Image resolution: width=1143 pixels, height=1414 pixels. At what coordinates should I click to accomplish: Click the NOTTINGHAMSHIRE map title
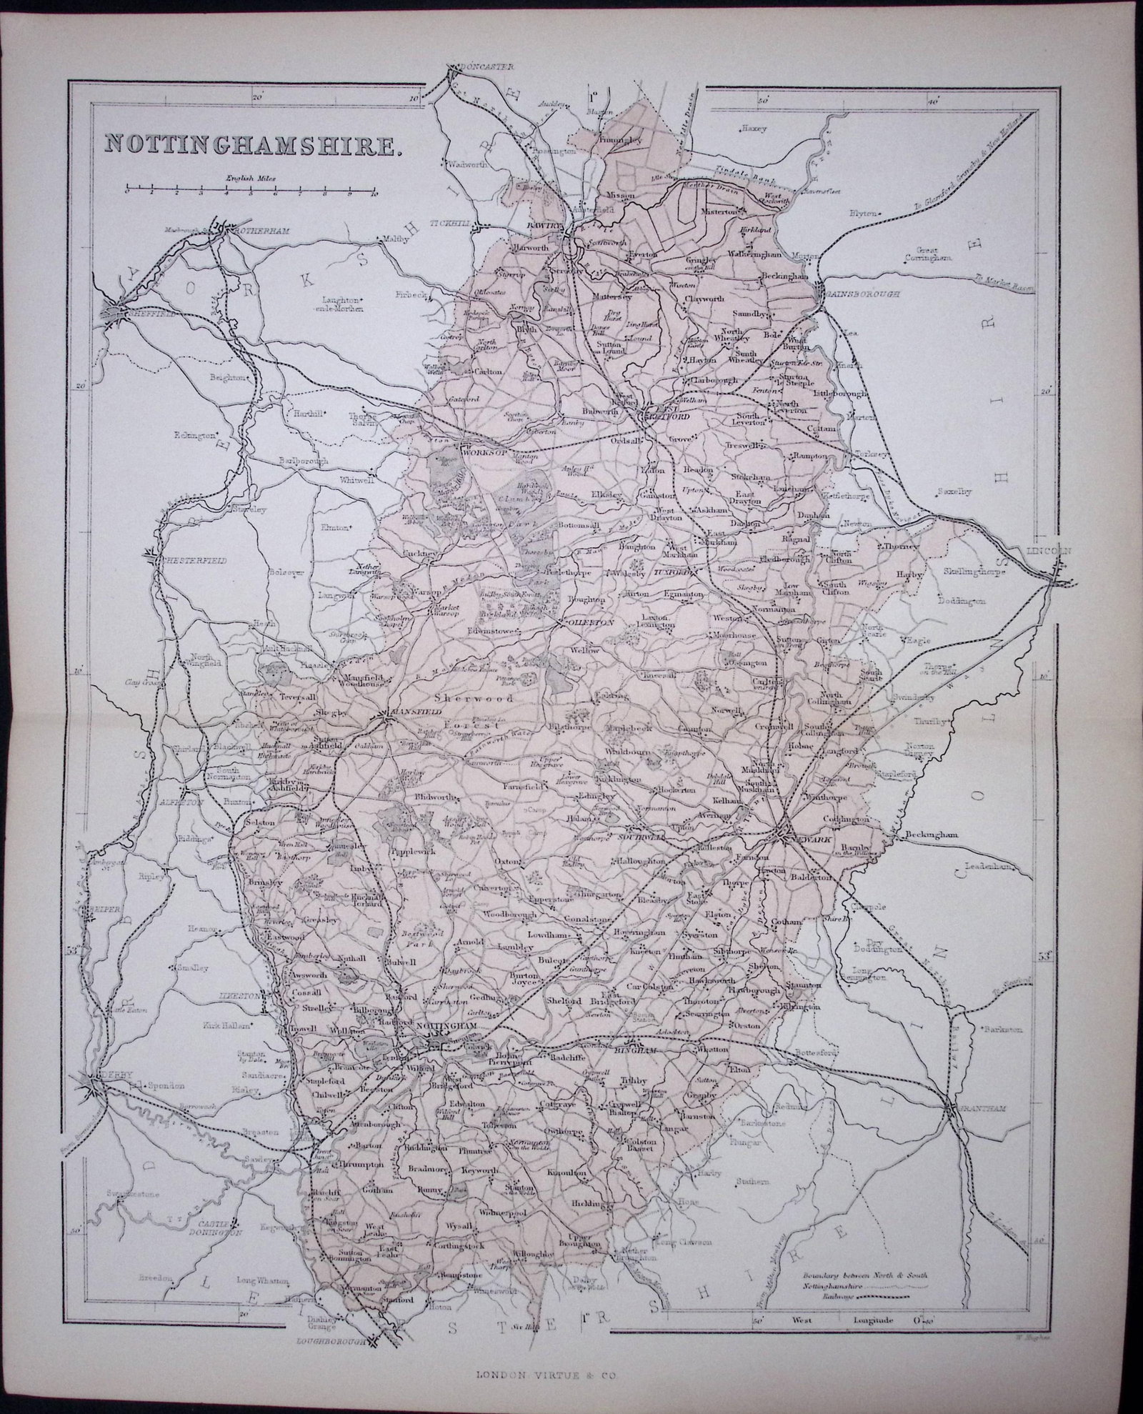click(x=251, y=143)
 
